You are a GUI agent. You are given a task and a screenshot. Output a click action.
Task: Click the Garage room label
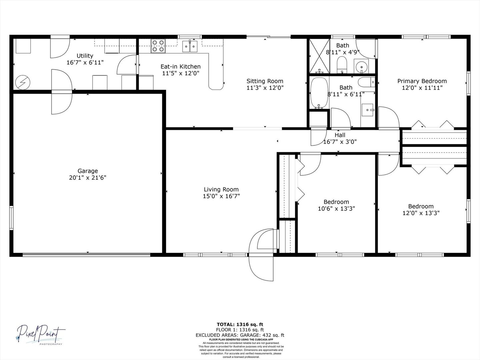pyautogui.click(x=88, y=171)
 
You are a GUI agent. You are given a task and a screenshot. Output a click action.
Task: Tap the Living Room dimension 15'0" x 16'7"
pyautogui.click(x=221, y=196)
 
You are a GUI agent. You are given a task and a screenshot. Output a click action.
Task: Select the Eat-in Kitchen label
pyautogui.click(x=181, y=66)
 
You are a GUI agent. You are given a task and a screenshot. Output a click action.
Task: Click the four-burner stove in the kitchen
pyautogui.click(x=158, y=46)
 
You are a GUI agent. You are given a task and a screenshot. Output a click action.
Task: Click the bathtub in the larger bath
pyautogui.click(x=319, y=93)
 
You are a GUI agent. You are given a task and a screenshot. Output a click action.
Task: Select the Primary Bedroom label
pyautogui.click(x=422, y=81)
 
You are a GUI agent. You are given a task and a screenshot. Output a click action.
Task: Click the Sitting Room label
pyautogui.click(x=265, y=81)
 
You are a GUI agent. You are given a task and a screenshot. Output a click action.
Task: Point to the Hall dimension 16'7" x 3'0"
pyautogui.click(x=340, y=142)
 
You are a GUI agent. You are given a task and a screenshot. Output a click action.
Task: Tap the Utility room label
pyautogui.click(x=85, y=56)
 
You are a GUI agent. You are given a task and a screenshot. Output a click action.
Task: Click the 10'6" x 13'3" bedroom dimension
pyautogui.click(x=336, y=209)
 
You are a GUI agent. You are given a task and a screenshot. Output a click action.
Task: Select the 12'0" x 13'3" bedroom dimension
pyautogui.click(x=421, y=213)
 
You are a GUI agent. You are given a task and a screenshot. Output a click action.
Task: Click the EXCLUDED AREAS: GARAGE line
pyautogui.click(x=240, y=335)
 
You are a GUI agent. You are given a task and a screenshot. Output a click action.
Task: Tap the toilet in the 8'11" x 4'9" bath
pyautogui.click(x=342, y=64)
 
